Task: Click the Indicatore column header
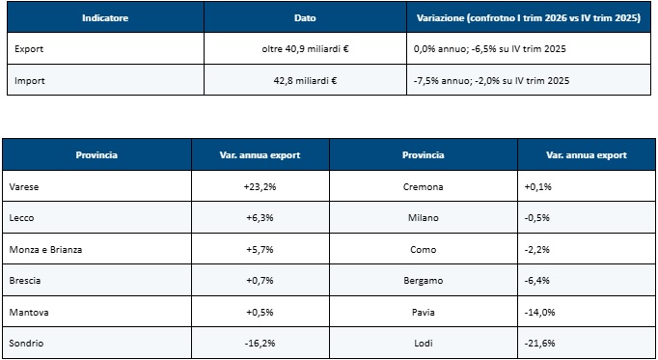(105, 18)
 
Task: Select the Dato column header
(305, 18)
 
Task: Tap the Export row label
(29, 49)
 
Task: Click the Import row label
(29, 80)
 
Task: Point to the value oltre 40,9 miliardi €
(305, 49)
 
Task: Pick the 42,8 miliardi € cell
(305, 80)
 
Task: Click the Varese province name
(24, 187)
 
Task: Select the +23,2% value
(260, 187)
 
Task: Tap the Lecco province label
(21, 218)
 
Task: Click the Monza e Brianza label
(45, 250)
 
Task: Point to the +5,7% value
(260, 250)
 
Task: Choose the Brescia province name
(25, 281)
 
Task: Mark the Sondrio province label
(26, 344)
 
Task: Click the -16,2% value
(260, 344)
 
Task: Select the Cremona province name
(423, 187)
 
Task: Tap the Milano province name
(423, 218)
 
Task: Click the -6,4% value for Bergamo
(537, 281)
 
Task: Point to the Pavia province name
(423, 312)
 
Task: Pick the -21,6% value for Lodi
(539, 344)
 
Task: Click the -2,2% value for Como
(537, 250)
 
